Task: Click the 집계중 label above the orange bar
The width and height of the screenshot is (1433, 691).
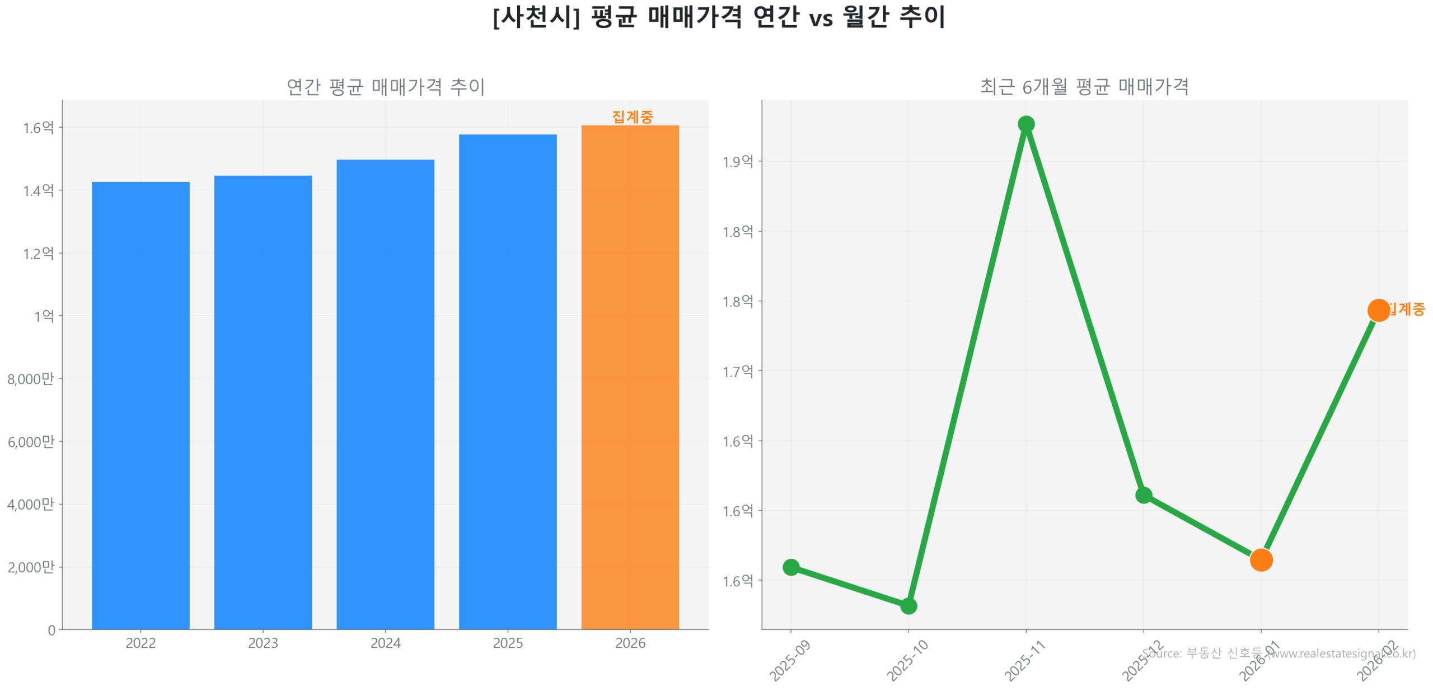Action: click(x=631, y=116)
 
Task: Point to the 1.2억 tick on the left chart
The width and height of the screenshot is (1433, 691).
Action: click(x=38, y=253)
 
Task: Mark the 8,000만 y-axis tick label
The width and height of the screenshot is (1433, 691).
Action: click(x=31, y=379)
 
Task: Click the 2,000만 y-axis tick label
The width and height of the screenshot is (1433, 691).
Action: click(x=31, y=567)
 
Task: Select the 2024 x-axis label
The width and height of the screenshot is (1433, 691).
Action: click(x=385, y=642)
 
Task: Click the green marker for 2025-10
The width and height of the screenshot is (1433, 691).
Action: click(x=907, y=605)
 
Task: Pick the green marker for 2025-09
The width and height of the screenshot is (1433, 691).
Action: click(x=790, y=567)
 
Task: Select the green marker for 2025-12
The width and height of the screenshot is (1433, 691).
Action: click(x=1142, y=494)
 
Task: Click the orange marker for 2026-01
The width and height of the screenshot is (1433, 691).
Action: click(x=1260, y=559)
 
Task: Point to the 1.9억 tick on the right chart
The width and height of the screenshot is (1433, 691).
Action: click(x=737, y=161)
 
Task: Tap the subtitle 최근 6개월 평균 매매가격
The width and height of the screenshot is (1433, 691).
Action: click(x=1083, y=86)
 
